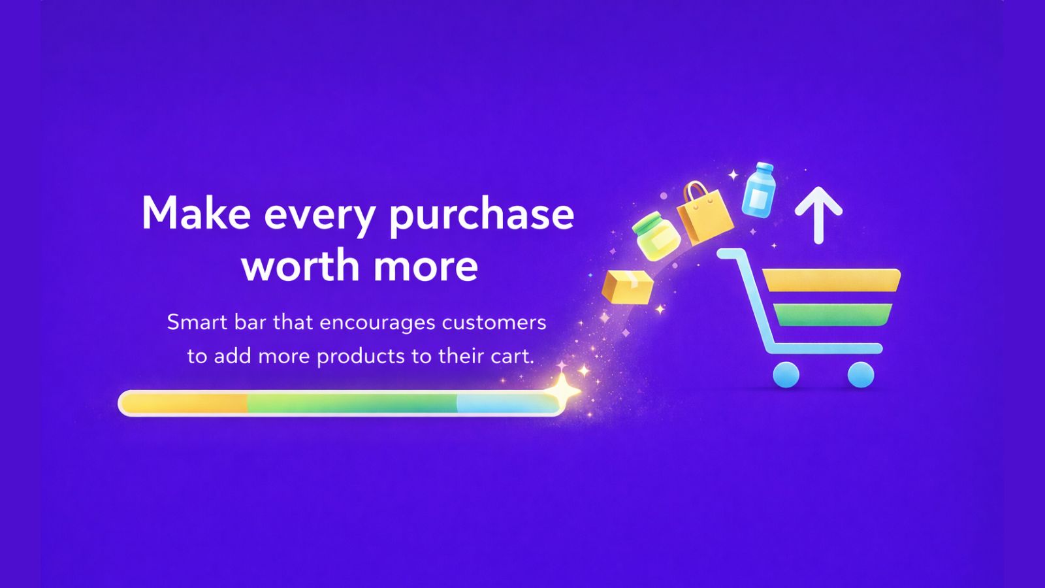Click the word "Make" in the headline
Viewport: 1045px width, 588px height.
pyautogui.click(x=197, y=213)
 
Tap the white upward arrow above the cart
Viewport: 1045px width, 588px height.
pyautogui.click(x=818, y=215)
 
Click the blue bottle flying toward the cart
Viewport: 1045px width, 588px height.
pyautogui.click(x=758, y=190)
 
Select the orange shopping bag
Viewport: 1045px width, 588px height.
pyautogui.click(x=705, y=214)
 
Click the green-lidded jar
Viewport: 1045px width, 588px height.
pyautogui.click(x=656, y=236)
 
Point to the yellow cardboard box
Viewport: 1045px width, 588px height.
pyautogui.click(x=628, y=287)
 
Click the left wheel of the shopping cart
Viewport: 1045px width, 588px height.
pyautogui.click(x=786, y=375)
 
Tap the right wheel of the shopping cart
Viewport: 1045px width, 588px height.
pyautogui.click(x=861, y=375)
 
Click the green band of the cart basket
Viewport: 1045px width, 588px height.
pyautogui.click(x=833, y=314)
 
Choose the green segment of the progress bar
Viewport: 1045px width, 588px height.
pyautogui.click(x=352, y=402)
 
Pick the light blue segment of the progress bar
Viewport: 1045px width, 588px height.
pyautogui.click(x=507, y=402)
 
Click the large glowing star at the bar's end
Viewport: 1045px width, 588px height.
pyautogui.click(x=562, y=389)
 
